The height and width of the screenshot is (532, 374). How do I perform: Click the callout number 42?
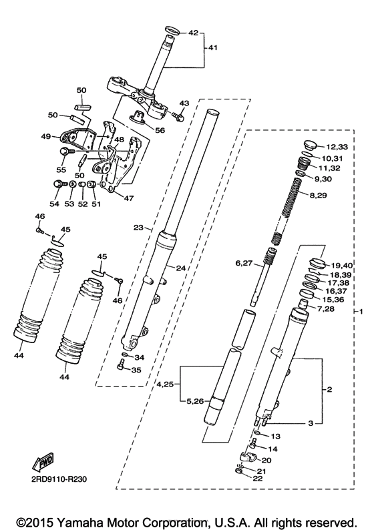coord(194,32)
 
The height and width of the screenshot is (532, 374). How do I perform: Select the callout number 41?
coord(212,47)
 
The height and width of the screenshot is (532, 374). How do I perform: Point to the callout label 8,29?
coord(319,195)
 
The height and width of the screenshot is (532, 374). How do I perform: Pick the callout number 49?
coord(45,136)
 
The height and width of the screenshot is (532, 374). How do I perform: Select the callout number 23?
coord(139,228)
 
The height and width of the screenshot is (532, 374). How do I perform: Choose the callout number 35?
coord(136,370)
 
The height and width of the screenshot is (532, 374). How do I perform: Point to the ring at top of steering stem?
coord(170,29)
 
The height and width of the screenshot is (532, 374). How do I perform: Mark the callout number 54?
coord(54,204)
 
